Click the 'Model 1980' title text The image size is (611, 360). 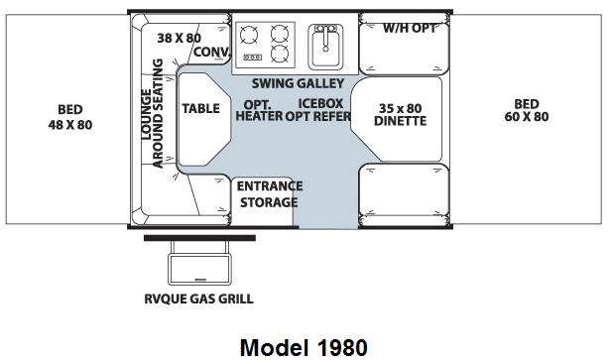[x=304, y=347]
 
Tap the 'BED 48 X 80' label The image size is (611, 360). [x=70, y=117]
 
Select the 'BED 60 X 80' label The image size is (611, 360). [x=527, y=110]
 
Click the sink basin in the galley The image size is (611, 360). [x=326, y=47]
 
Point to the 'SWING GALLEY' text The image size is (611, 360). [x=298, y=83]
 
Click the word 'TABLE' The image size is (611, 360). [x=200, y=108]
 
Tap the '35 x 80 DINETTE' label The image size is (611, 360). [x=400, y=115]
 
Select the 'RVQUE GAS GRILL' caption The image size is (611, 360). [x=198, y=299]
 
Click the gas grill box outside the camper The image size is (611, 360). [x=199, y=269]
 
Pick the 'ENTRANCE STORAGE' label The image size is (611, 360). [x=270, y=194]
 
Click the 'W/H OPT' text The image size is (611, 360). [x=410, y=28]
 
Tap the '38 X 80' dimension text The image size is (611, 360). [x=180, y=38]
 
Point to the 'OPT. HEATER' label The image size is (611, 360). [x=259, y=111]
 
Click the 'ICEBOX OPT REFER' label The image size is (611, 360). [x=318, y=110]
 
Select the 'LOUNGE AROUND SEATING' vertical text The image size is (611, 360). [x=152, y=114]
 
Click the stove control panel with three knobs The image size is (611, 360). [x=253, y=58]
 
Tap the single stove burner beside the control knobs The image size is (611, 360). [x=249, y=35]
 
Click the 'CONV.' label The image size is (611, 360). [x=211, y=52]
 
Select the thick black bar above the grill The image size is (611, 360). [x=200, y=238]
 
